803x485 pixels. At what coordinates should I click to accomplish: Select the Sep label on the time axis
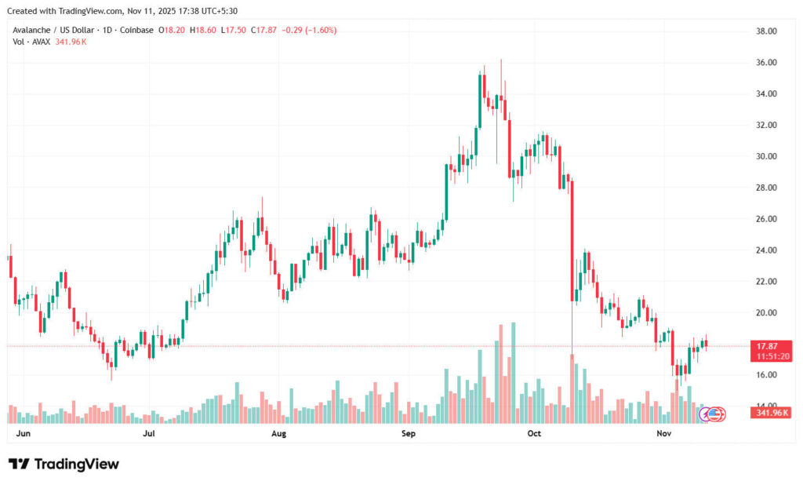[408, 433]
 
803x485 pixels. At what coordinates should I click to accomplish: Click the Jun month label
[24, 433]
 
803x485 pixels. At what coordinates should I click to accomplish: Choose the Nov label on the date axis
[663, 433]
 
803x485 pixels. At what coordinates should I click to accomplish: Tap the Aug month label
[278, 433]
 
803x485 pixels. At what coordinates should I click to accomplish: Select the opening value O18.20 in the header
[172, 31]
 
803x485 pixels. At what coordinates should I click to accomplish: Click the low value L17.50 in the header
[234, 31]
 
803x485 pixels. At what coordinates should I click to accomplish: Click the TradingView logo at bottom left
[64, 465]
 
